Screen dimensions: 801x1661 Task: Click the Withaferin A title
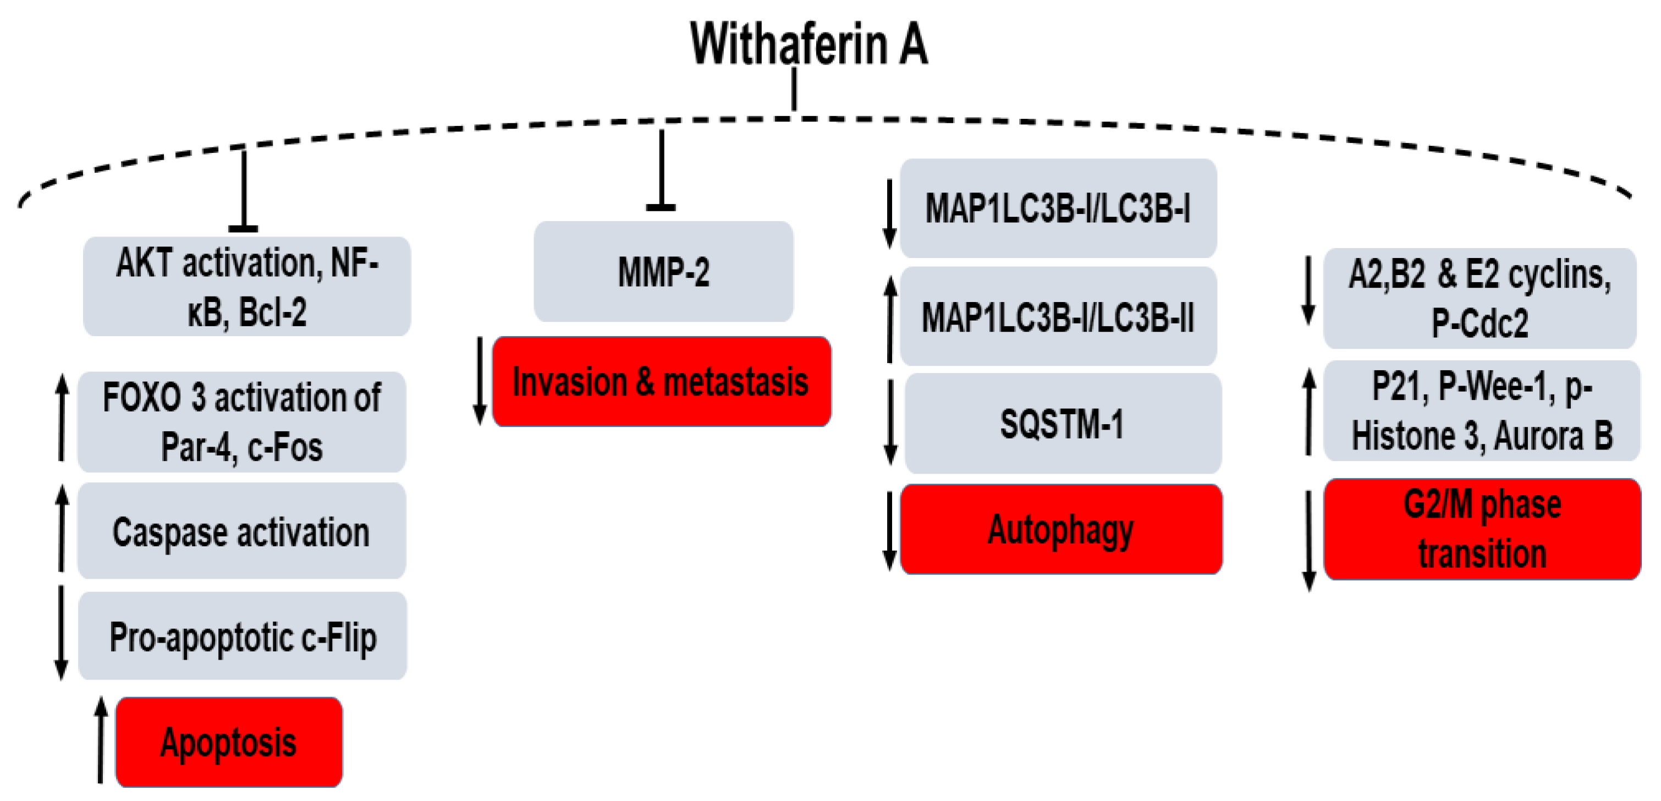pos(809,44)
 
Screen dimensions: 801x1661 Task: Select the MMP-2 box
pos(663,272)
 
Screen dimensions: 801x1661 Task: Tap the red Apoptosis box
pos(229,742)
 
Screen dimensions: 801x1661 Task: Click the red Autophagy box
pos(1061,529)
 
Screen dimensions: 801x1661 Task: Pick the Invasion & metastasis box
pos(661,381)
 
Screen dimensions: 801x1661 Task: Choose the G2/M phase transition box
pos(1482,529)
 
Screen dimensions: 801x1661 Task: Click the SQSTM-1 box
pos(1062,424)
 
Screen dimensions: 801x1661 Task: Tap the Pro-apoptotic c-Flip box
pos(243,637)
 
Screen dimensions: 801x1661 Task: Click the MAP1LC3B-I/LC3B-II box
pos(1058,317)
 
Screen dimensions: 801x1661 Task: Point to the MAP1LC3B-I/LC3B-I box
pos(1058,209)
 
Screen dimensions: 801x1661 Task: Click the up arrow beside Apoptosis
pos(101,740)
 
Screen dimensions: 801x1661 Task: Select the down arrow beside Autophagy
pos(890,530)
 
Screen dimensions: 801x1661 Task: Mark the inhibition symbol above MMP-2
pos(661,171)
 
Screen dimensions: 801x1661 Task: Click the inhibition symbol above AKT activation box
pos(243,190)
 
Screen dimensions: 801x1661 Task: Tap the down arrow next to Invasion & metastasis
pos(480,381)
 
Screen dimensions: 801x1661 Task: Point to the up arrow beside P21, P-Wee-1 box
pos(1309,411)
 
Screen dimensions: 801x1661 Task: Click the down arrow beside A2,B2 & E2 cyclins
pos(1308,290)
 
